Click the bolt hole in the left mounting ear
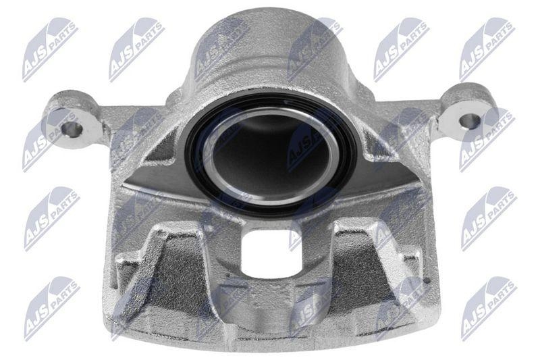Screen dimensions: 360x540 tap(72, 127)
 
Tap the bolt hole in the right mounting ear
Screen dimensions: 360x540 tap(468, 122)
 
